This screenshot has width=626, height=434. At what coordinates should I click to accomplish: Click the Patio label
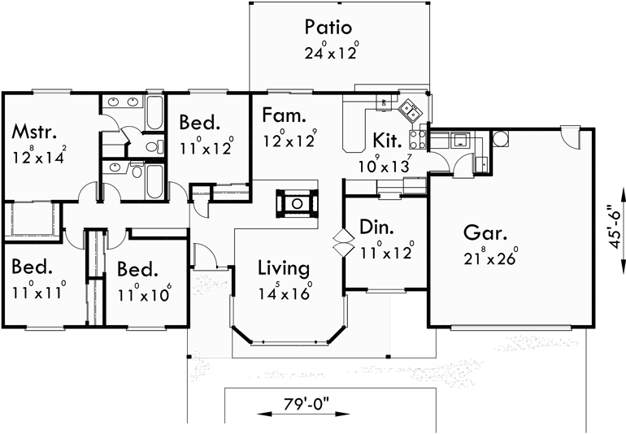pos(328,27)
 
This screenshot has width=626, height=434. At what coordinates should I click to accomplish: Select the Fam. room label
pos(284,115)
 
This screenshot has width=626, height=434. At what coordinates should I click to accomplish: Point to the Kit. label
pos(388,140)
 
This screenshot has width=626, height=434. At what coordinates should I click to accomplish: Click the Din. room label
pos(378,228)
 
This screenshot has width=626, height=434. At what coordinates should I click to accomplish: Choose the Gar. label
pos(486,233)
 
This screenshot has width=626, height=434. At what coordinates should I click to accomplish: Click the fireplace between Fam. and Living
pos(297,202)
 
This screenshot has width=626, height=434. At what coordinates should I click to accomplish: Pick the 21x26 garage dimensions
pos(491,260)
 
